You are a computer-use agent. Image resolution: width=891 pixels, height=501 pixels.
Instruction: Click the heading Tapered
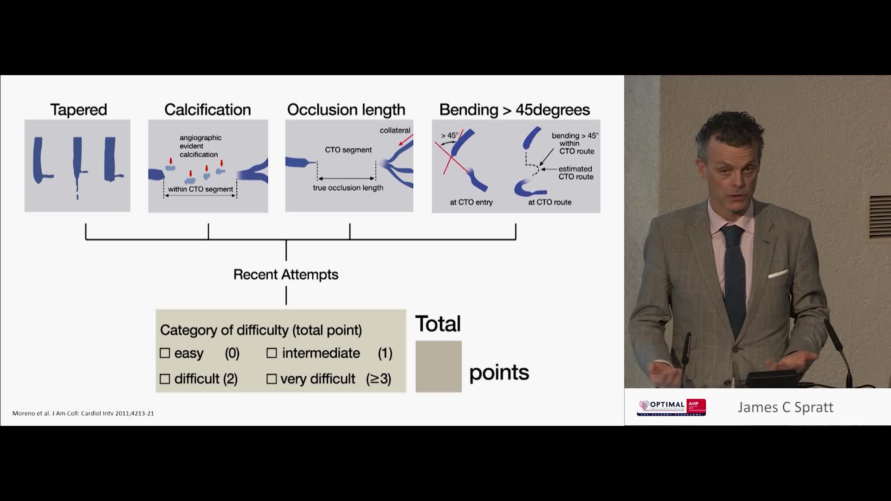point(78,109)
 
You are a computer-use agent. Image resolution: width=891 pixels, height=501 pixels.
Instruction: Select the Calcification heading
point(207,109)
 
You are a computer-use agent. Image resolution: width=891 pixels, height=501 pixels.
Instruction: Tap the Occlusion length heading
point(346,109)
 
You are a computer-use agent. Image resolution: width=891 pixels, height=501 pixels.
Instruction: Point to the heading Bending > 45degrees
point(515,109)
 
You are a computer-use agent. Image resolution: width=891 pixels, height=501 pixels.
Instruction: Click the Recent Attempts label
point(286,275)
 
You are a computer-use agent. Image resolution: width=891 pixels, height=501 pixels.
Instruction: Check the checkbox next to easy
point(165,353)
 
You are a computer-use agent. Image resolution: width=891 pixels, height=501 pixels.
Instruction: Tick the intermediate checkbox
point(271,353)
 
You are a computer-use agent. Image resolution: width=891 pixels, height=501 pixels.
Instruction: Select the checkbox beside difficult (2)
point(165,379)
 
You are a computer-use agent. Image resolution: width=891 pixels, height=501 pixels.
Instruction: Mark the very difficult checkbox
point(271,379)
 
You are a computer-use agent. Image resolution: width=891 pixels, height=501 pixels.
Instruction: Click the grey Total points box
point(438,366)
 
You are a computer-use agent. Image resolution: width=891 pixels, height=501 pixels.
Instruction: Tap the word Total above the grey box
point(438,324)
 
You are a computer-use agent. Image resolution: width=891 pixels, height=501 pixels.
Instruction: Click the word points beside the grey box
point(499,373)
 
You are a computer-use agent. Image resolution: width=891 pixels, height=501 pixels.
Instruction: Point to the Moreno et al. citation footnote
point(83,413)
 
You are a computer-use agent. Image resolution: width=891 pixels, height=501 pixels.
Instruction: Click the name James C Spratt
point(785,407)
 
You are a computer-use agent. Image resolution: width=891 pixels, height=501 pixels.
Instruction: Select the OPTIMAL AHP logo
point(671,407)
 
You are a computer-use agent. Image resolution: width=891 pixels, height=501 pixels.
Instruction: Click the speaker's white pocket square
point(777,274)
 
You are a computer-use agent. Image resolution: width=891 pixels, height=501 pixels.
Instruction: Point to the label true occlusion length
point(348,188)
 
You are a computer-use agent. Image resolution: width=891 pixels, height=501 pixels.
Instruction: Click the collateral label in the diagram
point(395,130)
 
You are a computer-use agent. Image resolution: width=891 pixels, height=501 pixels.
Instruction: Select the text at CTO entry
point(471,202)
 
